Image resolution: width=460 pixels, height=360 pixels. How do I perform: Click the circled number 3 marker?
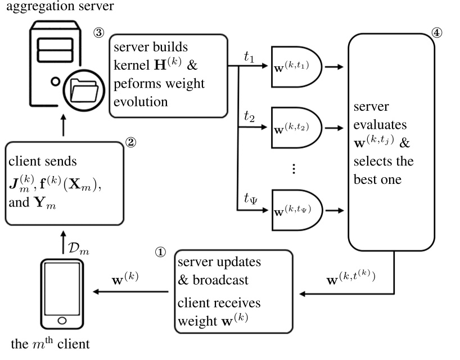click(98, 33)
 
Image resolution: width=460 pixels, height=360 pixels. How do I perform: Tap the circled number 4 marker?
click(436, 33)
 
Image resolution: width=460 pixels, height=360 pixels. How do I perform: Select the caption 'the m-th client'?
click(50, 343)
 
